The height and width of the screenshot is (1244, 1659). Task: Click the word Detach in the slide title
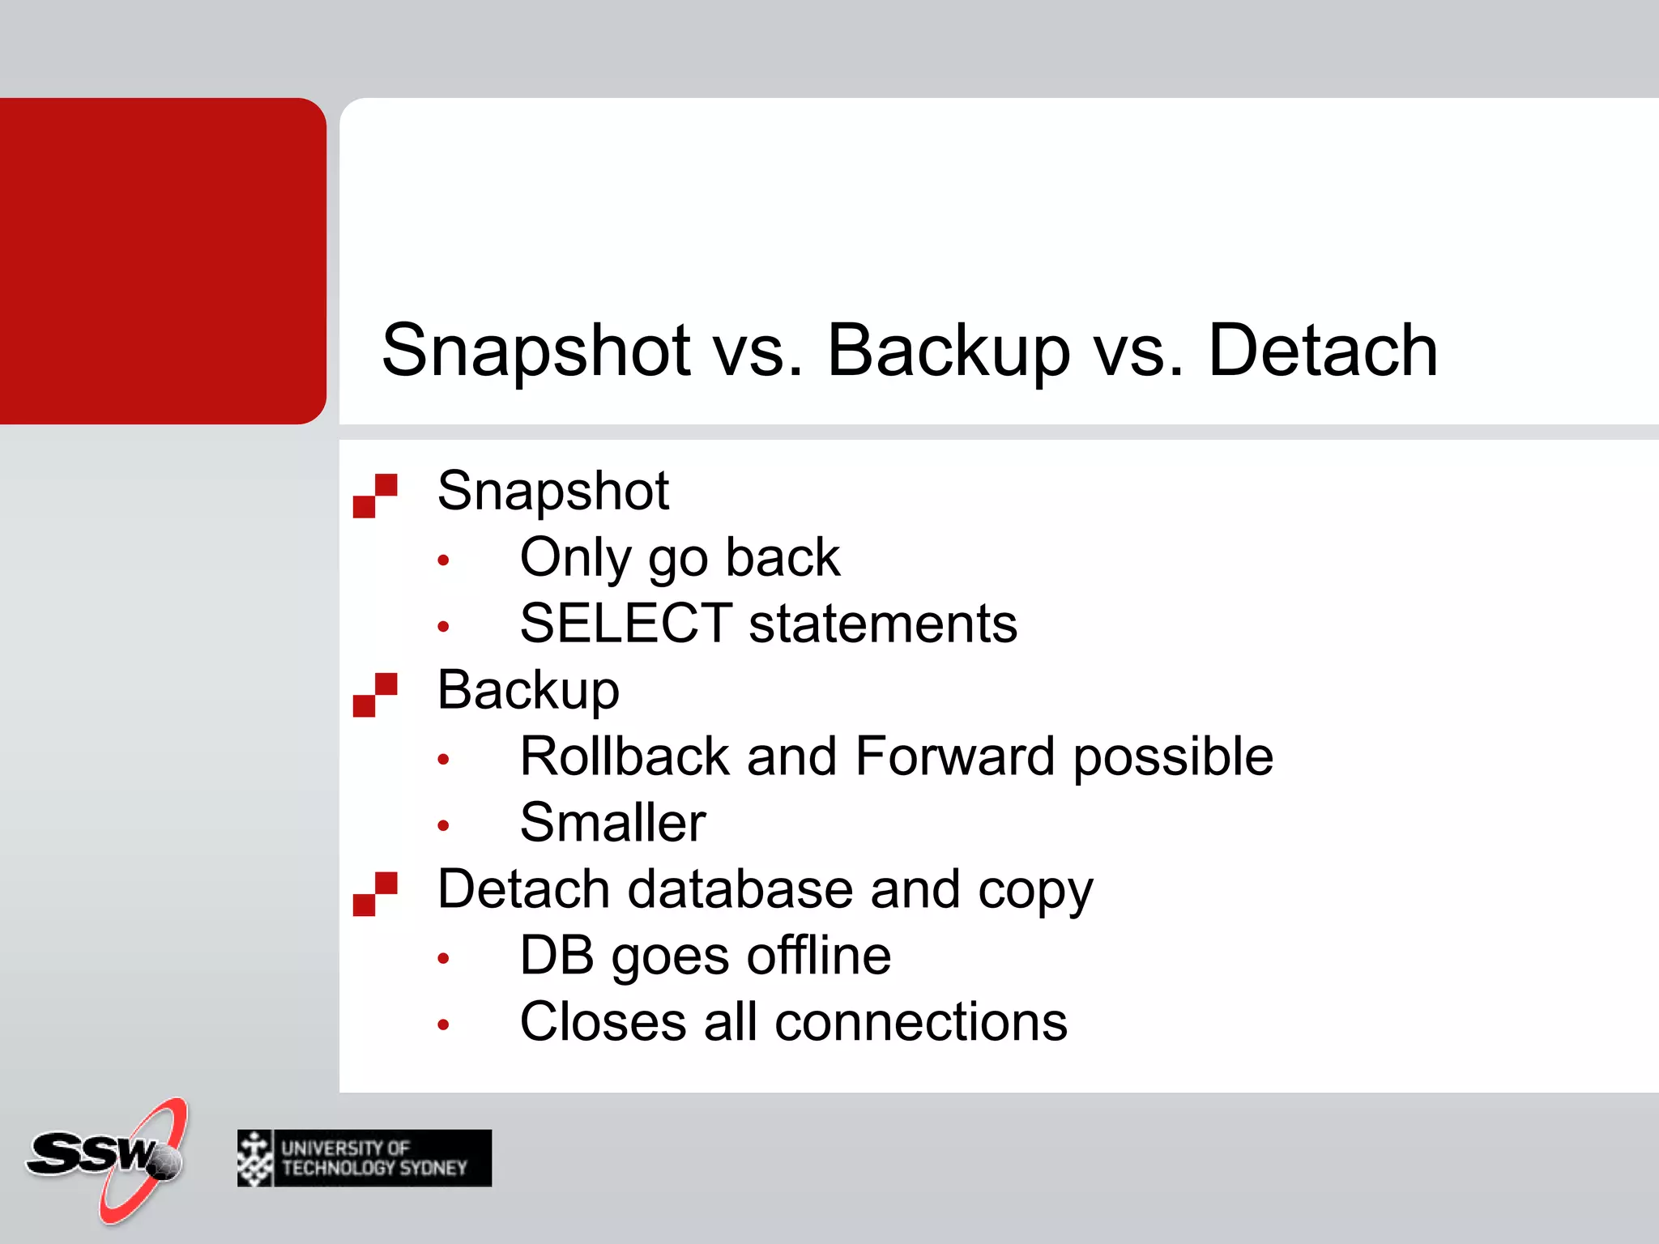tap(1322, 350)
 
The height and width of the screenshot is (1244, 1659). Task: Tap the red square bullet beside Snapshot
tap(375, 495)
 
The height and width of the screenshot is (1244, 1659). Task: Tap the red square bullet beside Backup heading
tap(375, 694)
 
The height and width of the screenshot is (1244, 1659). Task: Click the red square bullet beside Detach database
tap(375, 893)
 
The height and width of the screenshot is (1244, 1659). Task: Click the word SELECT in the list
tap(625, 623)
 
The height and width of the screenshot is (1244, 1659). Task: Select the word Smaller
tap(612, 822)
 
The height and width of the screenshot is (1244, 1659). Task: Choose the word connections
tap(920, 1021)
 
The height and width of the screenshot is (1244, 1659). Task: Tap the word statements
tap(882, 623)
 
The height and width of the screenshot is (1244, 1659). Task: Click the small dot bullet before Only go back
tap(443, 560)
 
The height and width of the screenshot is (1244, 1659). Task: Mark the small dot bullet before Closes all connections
tap(443, 1025)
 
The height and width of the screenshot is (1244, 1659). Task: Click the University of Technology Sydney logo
tap(365, 1158)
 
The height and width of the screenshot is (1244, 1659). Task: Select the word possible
tap(1172, 757)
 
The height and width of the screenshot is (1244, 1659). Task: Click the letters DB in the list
tap(556, 955)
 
